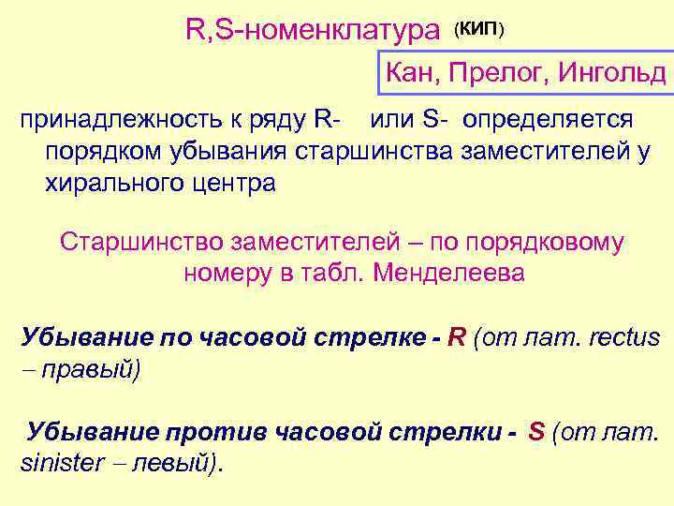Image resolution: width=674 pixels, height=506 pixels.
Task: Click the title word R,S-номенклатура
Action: click(x=313, y=31)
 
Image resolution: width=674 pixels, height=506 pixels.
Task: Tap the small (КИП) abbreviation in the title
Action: click(x=479, y=30)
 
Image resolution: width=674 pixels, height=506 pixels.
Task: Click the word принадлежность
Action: click(x=117, y=120)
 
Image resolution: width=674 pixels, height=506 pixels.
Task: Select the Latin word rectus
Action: click(x=623, y=337)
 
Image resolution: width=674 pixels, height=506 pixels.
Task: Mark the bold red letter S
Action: click(x=536, y=432)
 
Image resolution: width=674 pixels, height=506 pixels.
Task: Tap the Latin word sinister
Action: click(x=60, y=463)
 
